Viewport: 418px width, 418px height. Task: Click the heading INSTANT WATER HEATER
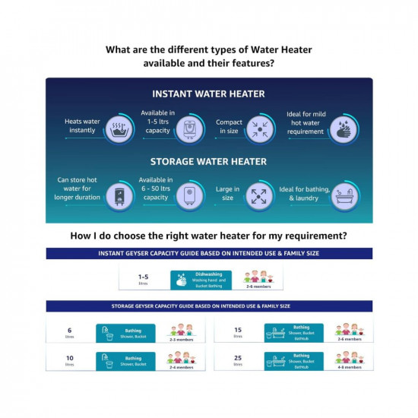208,94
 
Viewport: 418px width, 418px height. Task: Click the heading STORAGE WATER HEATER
208,161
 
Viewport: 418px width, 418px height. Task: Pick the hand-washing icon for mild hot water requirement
344,128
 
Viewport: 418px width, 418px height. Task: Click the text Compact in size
230,128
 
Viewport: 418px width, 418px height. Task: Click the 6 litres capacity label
69,332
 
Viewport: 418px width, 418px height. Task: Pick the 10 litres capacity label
69,359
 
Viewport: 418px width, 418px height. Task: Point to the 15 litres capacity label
238,332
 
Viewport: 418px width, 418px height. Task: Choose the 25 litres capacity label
238,359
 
